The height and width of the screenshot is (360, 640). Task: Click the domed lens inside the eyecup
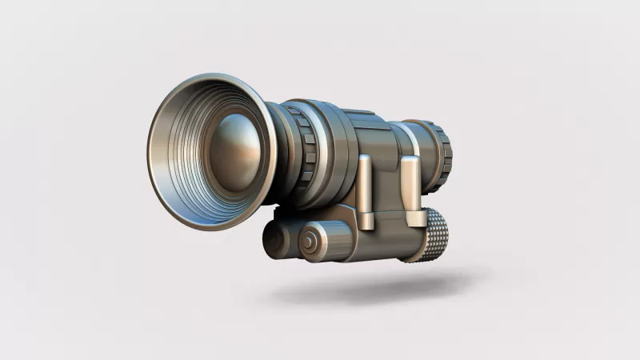[234, 151]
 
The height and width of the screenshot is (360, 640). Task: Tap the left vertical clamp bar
[365, 192]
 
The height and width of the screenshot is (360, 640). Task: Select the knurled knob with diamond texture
[429, 235]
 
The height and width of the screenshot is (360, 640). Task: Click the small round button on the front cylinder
[309, 241]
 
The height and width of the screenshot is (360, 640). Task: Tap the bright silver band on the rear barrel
[412, 140]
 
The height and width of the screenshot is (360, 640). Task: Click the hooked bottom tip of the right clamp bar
[416, 219]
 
